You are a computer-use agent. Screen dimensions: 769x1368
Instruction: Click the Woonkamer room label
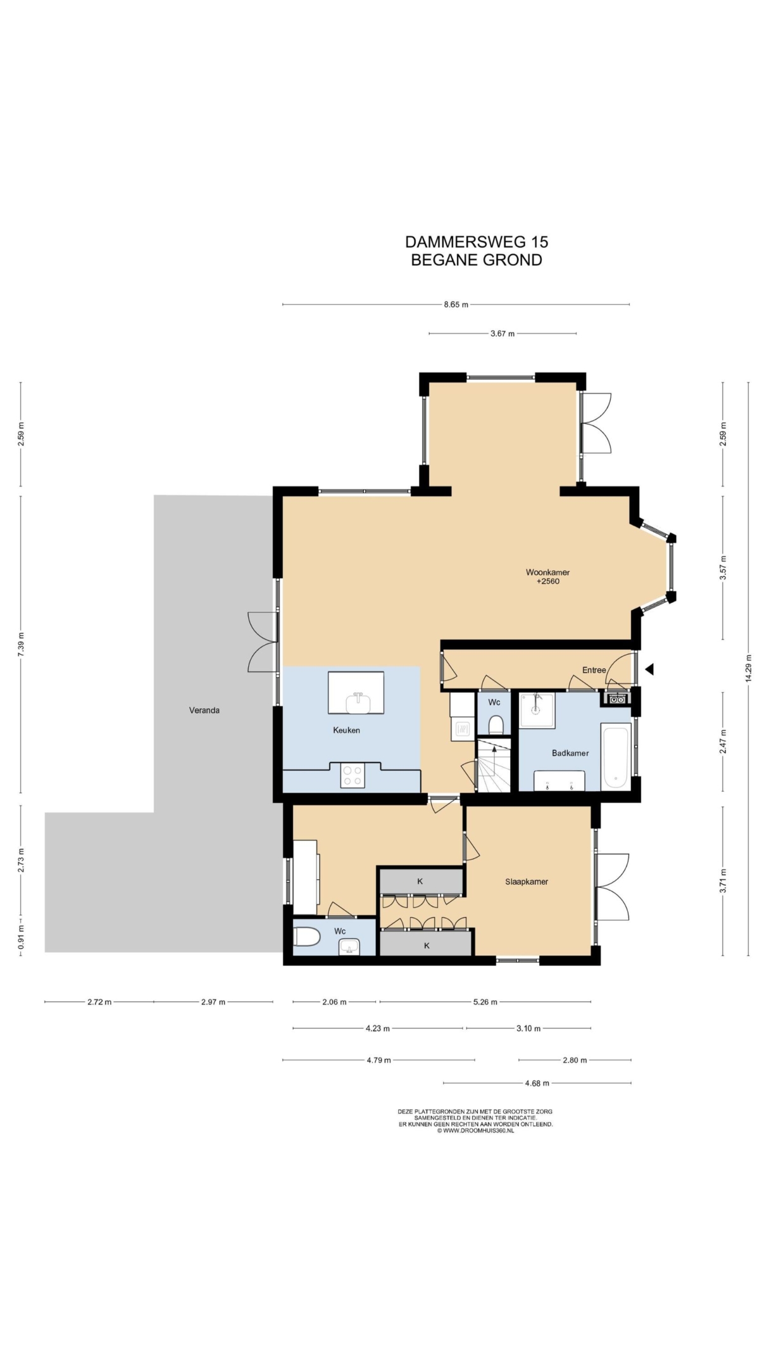point(547,572)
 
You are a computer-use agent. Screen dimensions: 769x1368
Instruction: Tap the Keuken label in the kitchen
point(346,730)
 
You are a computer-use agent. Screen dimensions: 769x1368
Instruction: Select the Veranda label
point(204,710)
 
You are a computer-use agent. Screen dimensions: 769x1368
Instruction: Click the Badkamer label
point(570,753)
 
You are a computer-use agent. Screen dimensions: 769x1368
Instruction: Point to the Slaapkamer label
point(527,882)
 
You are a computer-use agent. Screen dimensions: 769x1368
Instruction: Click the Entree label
point(594,670)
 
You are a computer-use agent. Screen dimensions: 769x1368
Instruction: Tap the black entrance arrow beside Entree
point(649,669)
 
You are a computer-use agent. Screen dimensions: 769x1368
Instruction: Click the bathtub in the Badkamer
point(616,757)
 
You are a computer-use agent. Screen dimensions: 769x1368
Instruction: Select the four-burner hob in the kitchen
point(353,776)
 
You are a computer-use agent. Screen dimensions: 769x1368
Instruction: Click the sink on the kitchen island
point(358,702)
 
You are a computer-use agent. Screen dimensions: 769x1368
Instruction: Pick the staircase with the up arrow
point(493,765)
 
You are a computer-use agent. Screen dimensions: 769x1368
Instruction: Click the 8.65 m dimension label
point(456,305)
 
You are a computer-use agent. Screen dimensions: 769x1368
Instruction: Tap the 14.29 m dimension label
point(748,667)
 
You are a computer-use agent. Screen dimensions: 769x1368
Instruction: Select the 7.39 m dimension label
point(21,645)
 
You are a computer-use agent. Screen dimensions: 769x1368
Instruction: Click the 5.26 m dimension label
point(485,1002)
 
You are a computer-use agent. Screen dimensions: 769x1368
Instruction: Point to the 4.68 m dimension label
point(537,1083)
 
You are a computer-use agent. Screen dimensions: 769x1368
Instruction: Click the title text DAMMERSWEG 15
point(477,242)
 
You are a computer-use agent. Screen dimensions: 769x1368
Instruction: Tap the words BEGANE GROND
point(477,260)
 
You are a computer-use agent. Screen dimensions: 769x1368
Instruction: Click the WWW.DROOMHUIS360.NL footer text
point(475,1130)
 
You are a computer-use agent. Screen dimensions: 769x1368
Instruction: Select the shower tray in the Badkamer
point(537,710)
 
